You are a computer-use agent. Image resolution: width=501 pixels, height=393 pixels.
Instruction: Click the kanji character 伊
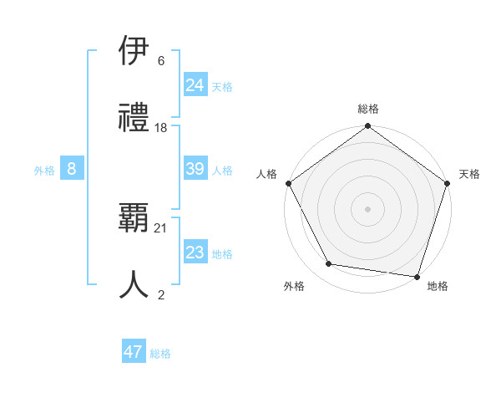pyautogui.click(x=134, y=53)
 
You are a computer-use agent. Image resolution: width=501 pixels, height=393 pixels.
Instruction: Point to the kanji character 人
pyautogui.click(x=134, y=284)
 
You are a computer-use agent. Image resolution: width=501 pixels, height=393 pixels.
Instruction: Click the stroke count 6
pyautogui.click(x=161, y=61)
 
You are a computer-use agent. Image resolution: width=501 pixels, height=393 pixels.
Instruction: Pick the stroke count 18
pyautogui.click(x=161, y=127)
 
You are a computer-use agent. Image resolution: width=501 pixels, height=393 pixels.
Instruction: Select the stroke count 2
pyautogui.click(x=161, y=293)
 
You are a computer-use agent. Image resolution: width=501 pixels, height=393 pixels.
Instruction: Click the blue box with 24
pyautogui.click(x=195, y=85)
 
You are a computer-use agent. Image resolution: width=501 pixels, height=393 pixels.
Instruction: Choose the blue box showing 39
pyautogui.click(x=195, y=169)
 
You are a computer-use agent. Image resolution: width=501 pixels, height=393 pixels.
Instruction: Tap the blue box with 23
pyautogui.click(x=195, y=253)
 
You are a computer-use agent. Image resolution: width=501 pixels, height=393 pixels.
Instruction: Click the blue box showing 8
pyautogui.click(x=72, y=169)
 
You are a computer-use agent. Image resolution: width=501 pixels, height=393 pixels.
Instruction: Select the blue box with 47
pyautogui.click(x=134, y=352)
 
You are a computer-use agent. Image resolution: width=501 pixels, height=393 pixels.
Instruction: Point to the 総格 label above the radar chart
pyautogui.click(x=368, y=109)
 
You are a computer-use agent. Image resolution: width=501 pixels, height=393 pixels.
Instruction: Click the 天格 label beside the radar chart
pyautogui.click(x=469, y=174)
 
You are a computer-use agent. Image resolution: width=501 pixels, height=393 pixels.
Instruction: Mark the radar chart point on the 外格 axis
pyautogui.click(x=329, y=264)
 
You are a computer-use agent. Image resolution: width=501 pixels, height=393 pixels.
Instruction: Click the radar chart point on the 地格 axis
pyautogui.click(x=417, y=276)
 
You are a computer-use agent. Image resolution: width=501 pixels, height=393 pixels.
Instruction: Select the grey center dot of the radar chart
pyautogui.click(x=367, y=208)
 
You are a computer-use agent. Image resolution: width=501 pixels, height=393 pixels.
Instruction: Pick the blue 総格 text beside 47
pyautogui.click(x=160, y=354)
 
